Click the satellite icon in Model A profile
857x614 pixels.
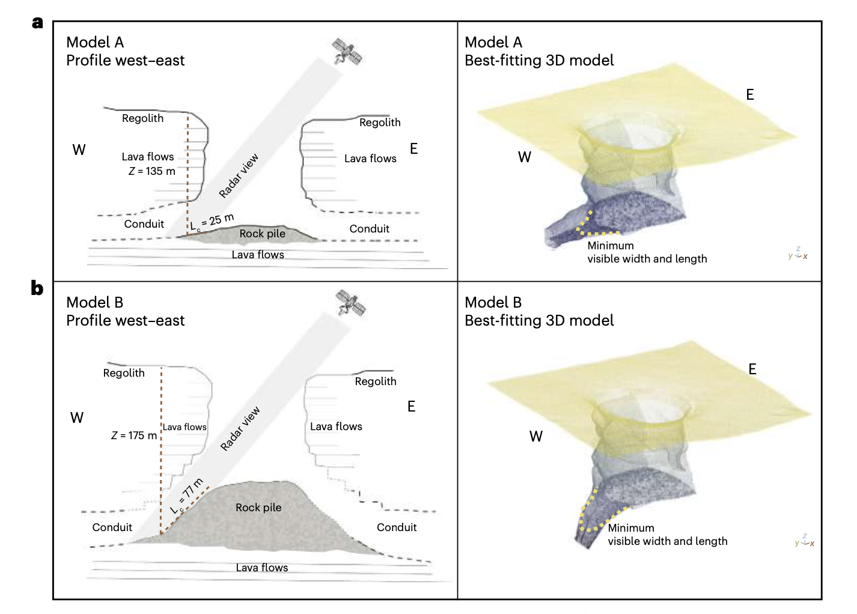(x=347, y=52)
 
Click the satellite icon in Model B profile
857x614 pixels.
(x=351, y=303)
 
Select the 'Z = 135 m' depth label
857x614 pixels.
(x=152, y=171)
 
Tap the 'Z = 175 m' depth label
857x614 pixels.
(x=134, y=436)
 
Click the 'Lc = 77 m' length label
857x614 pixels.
(x=188, y=496)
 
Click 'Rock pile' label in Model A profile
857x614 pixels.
(x=263, y=234)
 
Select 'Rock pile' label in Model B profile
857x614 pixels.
(x=258, y=508)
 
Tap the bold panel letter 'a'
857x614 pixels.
(x=38, y=23)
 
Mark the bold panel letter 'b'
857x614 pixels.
(x=37, y=288)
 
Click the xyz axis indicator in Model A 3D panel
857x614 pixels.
(x=798, y=254)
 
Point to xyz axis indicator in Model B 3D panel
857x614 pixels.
(x=805, y=540)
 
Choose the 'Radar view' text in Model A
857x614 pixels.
(x=239, y=175)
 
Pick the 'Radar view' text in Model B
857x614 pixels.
(x=240, y=429)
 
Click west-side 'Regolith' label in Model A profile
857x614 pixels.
(x=142, y=118)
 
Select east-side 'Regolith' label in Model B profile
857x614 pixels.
(x=376, y=381)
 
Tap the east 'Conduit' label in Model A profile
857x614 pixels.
(x=369, y=229)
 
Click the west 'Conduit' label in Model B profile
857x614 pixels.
(x=112, y=527)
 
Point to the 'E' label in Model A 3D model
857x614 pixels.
(x=750, y=95)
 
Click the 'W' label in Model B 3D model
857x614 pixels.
(x=536, y=436)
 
